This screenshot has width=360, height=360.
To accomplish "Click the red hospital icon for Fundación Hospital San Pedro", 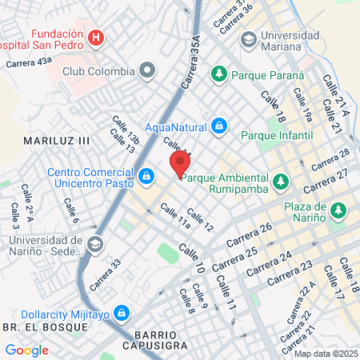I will click(x=95, y=37).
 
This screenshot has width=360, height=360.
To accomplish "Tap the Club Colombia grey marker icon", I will click(x=147, y=71).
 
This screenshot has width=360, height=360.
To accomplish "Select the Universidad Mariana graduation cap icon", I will click(x=249, y=38).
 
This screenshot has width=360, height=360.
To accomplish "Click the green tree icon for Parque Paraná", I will click(x=218, y=74).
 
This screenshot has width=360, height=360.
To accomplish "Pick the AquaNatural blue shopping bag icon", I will click(x=218, y=126).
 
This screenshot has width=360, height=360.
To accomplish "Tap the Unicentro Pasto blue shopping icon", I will click(x=146, y=175).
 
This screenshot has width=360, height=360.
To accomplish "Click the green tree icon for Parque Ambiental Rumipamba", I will click(x=279, y=183).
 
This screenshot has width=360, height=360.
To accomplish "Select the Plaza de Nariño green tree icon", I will click(x=339, y=210).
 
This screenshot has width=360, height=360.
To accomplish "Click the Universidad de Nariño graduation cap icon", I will click(x=95, y=244).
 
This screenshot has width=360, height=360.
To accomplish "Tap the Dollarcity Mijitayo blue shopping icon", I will click(x=122, y=311).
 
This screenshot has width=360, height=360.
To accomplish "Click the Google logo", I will click(x=26, y=350).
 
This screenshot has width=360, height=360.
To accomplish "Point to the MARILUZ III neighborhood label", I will click(x=55, y=141).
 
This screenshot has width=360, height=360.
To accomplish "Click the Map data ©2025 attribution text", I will click(x=326, y=354).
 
